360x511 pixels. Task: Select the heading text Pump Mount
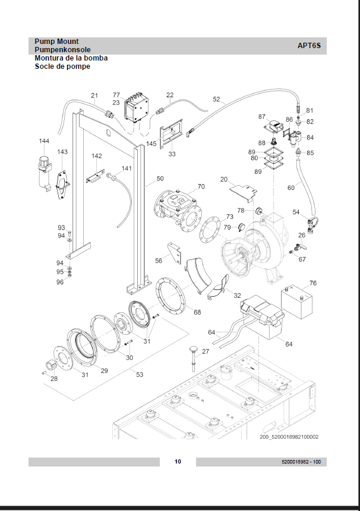pos(56,42)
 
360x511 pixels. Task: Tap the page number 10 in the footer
pos(178,462)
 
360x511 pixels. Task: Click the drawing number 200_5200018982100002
pos(289,437)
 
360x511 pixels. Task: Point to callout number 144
pos(44,141)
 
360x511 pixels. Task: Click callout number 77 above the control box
pos(116,95)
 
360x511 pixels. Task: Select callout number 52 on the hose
pos(216,100)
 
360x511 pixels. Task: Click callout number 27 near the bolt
pos(206,352)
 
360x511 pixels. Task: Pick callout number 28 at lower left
pos(54,378)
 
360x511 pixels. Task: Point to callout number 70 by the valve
pos(201,186)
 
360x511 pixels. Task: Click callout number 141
pos(127,169)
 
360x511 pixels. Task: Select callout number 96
pos(60,282)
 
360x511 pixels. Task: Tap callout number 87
pos(261,116)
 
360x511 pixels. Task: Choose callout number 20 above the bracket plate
pos(224,179)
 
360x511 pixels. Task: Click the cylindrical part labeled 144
pos(43,169)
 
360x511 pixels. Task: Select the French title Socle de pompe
pos(62,66)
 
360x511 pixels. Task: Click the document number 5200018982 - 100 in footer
pos(301,462)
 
